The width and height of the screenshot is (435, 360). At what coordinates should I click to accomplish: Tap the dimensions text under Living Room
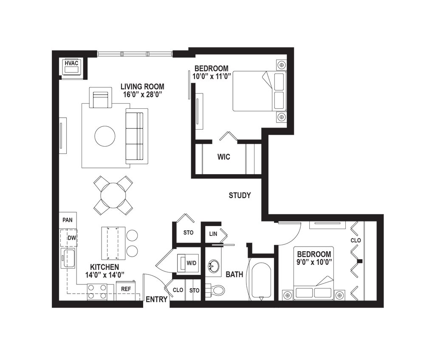142,96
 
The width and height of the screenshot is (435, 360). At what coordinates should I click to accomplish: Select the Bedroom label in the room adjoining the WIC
212,68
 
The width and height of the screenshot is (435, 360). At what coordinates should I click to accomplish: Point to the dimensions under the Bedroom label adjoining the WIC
212,77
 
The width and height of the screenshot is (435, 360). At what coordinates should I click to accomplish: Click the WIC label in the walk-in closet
223,157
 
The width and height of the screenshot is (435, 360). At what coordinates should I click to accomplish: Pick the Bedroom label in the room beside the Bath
314,254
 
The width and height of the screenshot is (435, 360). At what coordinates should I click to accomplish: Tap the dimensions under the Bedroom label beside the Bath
314,262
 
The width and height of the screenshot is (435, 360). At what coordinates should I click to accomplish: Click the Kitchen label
105,266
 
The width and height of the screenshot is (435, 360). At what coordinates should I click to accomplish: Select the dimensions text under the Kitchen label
105,275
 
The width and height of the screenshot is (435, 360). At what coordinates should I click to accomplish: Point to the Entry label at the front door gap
156,299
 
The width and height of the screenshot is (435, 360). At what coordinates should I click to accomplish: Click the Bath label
234,275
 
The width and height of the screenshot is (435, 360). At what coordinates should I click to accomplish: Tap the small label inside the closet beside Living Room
72,64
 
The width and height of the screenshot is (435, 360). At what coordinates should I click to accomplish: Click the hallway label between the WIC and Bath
240,196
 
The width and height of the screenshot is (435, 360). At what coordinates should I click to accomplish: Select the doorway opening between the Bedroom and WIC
224,141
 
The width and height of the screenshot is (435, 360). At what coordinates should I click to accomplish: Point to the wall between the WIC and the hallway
228,175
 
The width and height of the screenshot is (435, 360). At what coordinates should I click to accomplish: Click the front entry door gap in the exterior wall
156,304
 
